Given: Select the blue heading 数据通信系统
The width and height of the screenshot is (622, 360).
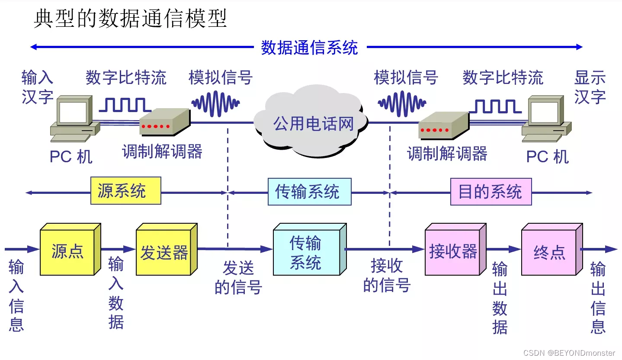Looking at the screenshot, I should pyautogui.click(x=309, y=47).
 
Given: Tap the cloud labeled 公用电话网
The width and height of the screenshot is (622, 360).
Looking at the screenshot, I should pyautogui.click(x=313, y=124).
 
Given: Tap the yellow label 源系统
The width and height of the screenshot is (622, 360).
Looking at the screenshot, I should pyautogui.click(x=125, y=191).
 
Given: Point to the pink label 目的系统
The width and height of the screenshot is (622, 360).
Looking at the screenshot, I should pyautogui.click(x=491, y=191).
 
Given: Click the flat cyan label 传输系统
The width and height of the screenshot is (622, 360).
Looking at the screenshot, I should pyautogui.click(x=309, y=191).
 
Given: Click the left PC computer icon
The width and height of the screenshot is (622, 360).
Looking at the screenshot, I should pyautogui.click(x=74, y=119).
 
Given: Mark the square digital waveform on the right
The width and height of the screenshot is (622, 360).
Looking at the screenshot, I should pyautogui.click(x=497, y=106).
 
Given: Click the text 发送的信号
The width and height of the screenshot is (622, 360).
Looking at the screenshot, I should pyautogui.click(x=238, y=277).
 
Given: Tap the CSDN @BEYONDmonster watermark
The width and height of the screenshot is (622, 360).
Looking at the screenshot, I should pyautogui.click(x=569, y=353).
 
